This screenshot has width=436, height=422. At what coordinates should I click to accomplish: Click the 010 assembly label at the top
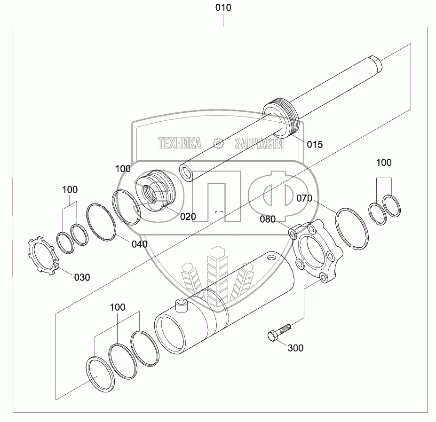tap(223, 8)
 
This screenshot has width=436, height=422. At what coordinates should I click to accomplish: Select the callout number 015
tap(315, 145)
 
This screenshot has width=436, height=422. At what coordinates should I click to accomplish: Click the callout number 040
tap(139, 244)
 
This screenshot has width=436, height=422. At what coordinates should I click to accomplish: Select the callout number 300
tap(295, 348)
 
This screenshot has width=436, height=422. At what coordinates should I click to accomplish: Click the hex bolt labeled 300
tap(277, 331)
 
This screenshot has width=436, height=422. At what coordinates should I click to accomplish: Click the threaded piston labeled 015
tap(280, 120)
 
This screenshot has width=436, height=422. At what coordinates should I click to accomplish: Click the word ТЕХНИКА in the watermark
tap(180, 143)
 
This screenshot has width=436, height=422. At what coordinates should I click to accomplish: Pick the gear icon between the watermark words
tap(219, 143)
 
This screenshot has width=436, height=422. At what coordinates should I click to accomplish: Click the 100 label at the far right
tap(384, 163)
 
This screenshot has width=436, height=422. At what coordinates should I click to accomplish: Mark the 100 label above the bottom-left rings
tap(118, 307)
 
